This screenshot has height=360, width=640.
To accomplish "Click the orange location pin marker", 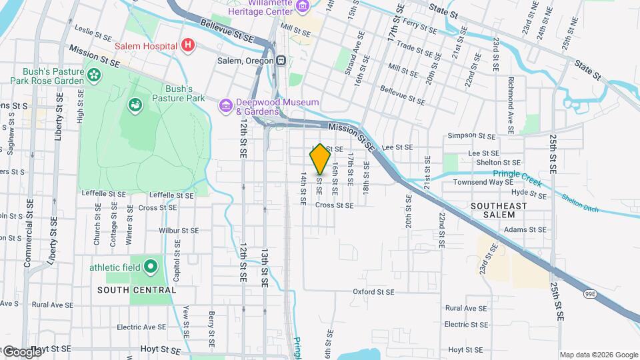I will coord(320,159).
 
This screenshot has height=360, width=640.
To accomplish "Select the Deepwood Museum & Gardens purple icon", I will coord(225,105).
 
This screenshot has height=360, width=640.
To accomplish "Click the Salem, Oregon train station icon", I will coord(282,60).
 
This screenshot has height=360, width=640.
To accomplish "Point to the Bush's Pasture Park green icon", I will coord(136,105).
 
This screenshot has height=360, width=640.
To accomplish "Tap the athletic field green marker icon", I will coord(151,267).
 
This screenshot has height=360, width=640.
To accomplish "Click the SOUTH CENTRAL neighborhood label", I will coord(137,290).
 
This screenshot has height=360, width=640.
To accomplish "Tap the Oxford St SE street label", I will coord(374,291).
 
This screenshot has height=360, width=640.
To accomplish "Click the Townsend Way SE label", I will coord(478,182).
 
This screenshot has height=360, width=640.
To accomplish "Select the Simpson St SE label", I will coord(471,135).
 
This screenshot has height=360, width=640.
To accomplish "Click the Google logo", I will coord(22,352).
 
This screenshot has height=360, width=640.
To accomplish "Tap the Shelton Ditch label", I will coord(579,203).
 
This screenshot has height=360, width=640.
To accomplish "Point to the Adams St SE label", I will coord(525,229).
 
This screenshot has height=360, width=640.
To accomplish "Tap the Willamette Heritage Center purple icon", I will coord(303,7).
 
